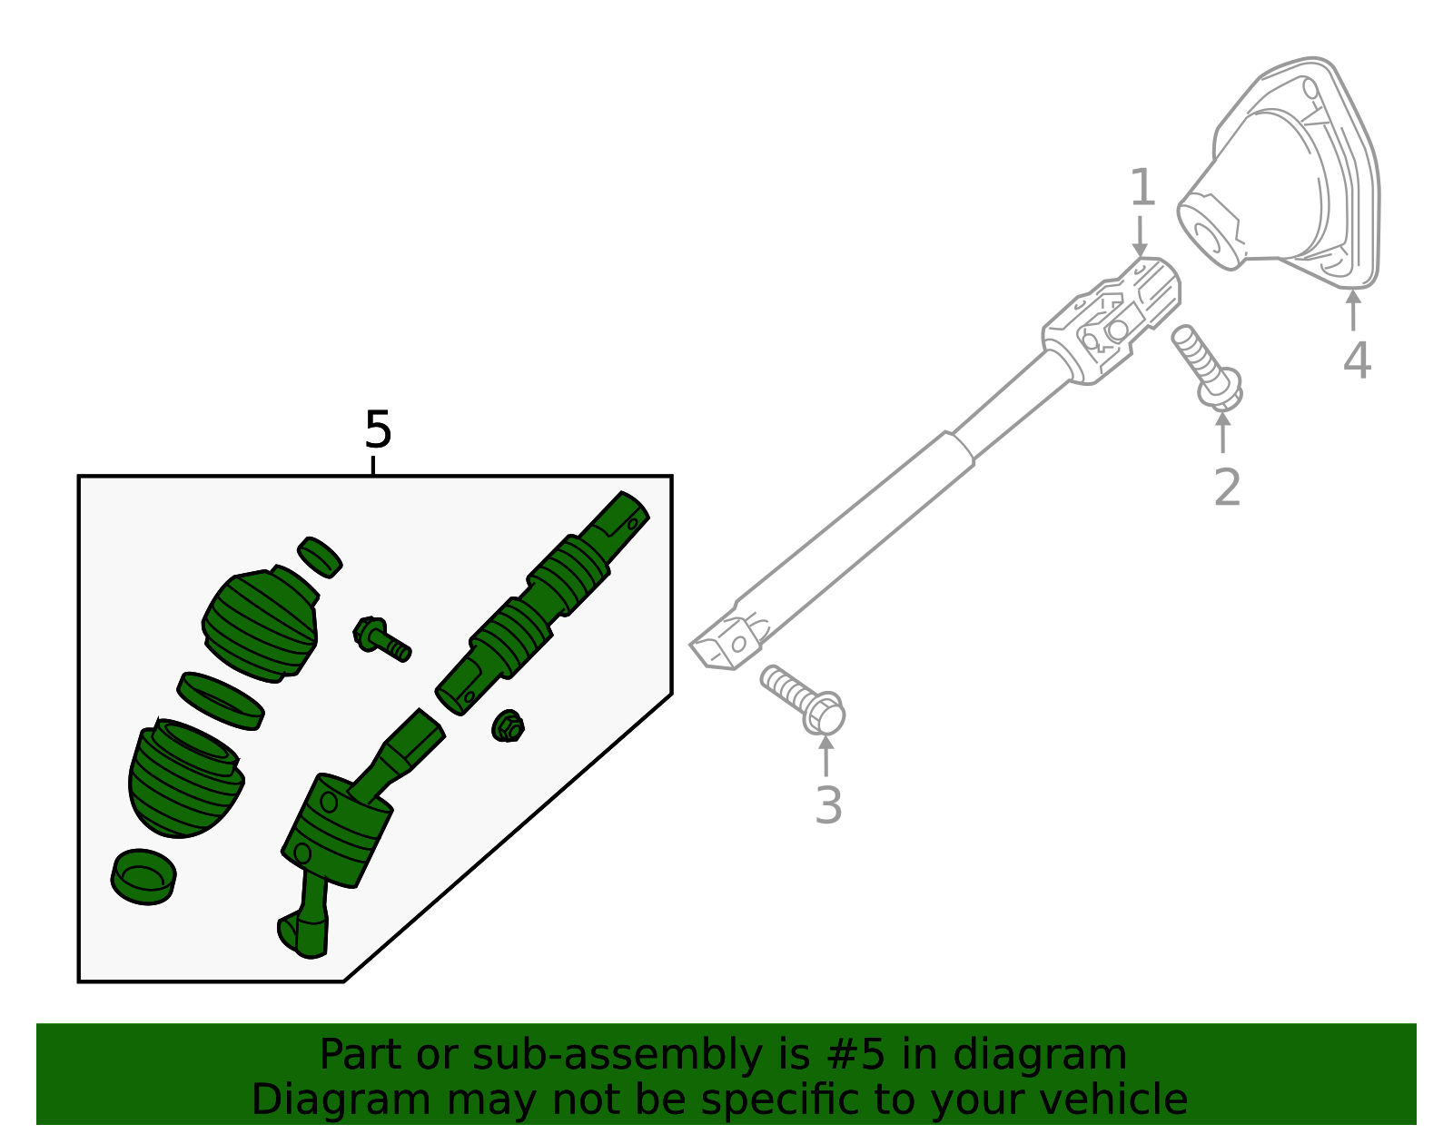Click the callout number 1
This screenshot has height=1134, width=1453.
pyautogui.click(x=1142, y=188)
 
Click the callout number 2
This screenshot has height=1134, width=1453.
pyautogui.click(x=1227, y=488)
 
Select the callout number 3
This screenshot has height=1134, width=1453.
pyautogui.click(x=827, y=804)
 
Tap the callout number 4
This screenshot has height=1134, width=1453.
pyautogui.click(x=1356, y=360)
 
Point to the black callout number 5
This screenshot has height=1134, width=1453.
pyautogui.click(x=377, y=429)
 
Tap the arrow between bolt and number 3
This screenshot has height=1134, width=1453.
pyautogui.click(x=825, y=755)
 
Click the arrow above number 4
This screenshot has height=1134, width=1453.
pyautogui.click(x=1353, y=309)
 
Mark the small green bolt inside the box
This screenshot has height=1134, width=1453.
pyautogui.click(x=381, y=637)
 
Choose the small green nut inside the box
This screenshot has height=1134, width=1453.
pyautogui.click(x=509, y=726)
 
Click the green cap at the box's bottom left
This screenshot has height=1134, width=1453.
pyautogui.click(x=143, y=877)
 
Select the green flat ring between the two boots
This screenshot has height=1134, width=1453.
pyautogui.click(x=221, y=700)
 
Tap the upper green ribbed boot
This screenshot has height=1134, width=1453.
pyautogui.click(x=262, y=624)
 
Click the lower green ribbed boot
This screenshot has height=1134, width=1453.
pyautogui.click(x=185, y=779)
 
